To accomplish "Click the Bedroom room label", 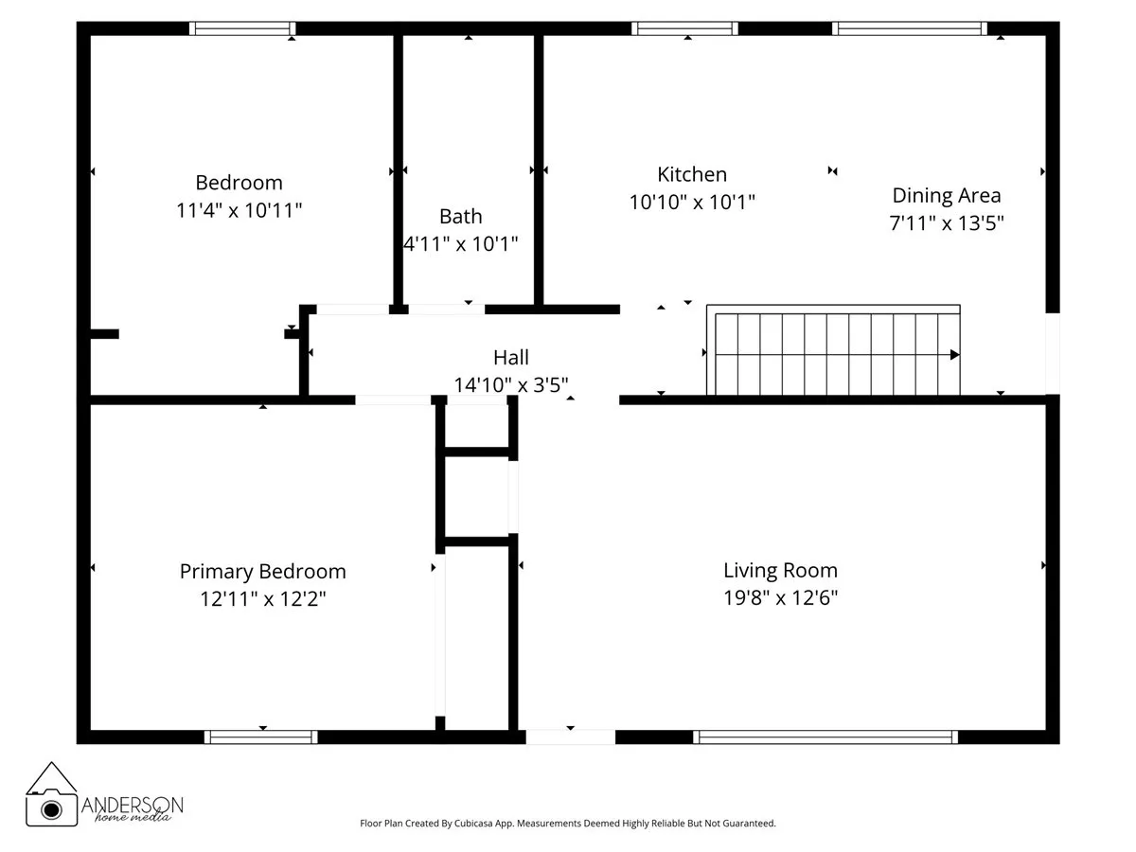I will (239, 182).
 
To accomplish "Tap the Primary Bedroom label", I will (262, 572).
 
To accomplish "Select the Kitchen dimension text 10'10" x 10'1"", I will (692, 202).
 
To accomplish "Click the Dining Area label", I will (946, 196).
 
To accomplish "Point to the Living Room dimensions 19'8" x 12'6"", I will (780, 598).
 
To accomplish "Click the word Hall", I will (510, 358).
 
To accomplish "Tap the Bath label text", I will (460, 217).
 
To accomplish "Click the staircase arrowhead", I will (954, 355).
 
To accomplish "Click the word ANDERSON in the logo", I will (133, 804).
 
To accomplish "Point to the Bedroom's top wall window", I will (242, 28).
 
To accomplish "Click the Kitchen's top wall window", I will (684, 28).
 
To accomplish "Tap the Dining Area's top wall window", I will (910, 28).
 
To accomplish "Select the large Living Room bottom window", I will (825, 737).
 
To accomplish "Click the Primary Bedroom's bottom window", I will (260, 737).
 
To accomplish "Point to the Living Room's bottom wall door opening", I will (570, 737).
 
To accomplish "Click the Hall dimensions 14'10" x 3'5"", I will (510, 384).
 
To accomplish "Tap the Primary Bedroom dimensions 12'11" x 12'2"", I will (262, 599).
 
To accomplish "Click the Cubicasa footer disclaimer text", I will (567, 824).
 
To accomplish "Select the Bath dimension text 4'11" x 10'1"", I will (460, 244).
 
